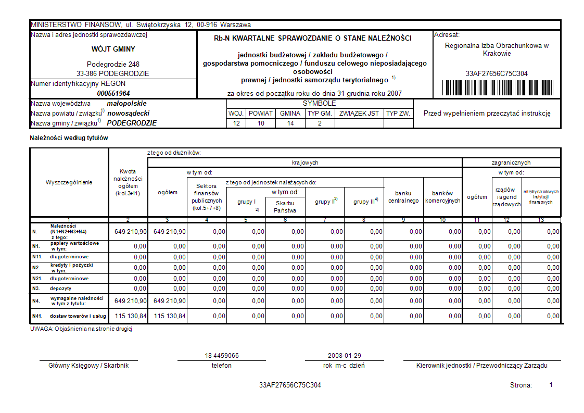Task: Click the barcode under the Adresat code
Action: (x=497, y=87)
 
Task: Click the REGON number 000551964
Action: (x=113, y=93)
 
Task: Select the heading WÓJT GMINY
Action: (x=113, y=49)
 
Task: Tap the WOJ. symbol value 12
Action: (x=236, y=123)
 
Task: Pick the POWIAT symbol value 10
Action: (x=261, y=123)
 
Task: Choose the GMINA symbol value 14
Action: (x=290, y=123)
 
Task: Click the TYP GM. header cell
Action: (x=320, y=113)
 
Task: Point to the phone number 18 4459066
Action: (x=222, y=356)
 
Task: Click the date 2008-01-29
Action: (x=345, y=356)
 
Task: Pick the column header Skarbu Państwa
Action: (x=285, y=207)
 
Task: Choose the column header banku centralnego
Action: (x=403, y=197)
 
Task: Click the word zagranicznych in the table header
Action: (x=511, y=162)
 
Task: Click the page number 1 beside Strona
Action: (x=551, y=384)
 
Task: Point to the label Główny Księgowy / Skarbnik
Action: (x=88, y=366)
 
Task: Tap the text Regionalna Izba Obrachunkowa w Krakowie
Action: (x=497, y=49)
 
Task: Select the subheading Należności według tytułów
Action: (x=69, y=138)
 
